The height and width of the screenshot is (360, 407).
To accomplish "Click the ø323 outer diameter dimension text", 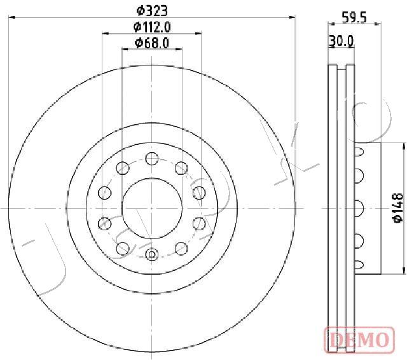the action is click(152, 11).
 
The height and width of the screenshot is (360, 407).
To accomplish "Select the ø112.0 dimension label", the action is click(152, 27).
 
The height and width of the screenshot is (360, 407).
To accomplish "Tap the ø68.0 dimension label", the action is click(152, 43).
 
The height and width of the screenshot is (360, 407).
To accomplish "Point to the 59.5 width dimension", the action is click(354, 18).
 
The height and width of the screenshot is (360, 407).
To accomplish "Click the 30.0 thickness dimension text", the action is click(341, 41).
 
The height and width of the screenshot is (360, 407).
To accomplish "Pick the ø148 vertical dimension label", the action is click(398, 208).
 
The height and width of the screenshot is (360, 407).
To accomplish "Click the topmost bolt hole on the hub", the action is click(152, 158).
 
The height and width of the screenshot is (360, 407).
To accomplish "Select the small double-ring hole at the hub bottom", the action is click(152, 254).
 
